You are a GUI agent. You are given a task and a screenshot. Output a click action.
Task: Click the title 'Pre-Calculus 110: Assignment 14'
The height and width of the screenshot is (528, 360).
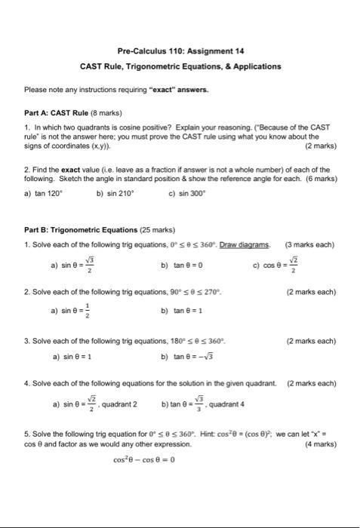point(180,51)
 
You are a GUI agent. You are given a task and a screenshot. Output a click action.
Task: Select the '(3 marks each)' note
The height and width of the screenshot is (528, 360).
point(311,244)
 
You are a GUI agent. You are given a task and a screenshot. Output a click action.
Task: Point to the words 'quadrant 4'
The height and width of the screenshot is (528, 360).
point(229,404)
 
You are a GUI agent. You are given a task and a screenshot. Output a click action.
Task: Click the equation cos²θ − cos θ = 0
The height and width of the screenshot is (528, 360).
point(144,459)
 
